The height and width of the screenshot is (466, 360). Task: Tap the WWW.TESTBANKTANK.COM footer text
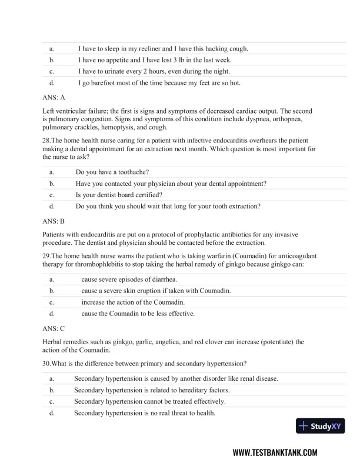click(275, 452)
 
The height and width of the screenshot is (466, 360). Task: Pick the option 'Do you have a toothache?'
click(112, 172)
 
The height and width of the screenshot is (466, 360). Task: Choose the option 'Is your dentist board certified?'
click(119, 195)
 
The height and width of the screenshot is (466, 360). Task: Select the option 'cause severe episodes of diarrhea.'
click(129, 279)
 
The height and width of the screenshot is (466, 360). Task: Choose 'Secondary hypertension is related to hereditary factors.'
click(152, 390)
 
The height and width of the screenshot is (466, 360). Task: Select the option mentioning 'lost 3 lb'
click(156, 60)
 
